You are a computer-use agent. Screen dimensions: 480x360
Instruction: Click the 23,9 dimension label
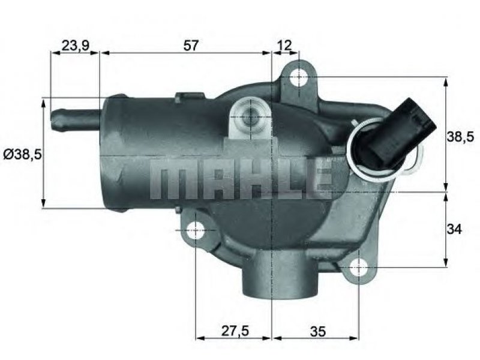pyautogui.click(x=75, y=46)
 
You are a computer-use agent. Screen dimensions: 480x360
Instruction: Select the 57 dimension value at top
pyautogui.click(x=191, y=46)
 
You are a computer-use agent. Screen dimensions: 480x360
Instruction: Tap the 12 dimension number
pyautogui.click(x=284, y=46)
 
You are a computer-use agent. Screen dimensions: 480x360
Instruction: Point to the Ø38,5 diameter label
pyautogui.click(x=22, y=155)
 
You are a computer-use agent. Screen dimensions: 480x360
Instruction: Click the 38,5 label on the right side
pyautogui.click(x=460, y=136)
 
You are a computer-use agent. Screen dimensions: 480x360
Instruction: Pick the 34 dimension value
pyautogui.click(x=454, y=229)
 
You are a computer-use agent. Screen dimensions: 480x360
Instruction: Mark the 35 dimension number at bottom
pyautogui.click(x=318, y=331)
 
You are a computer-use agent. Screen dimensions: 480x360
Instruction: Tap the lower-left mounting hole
pyautogui.click(x=196, y=230)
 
